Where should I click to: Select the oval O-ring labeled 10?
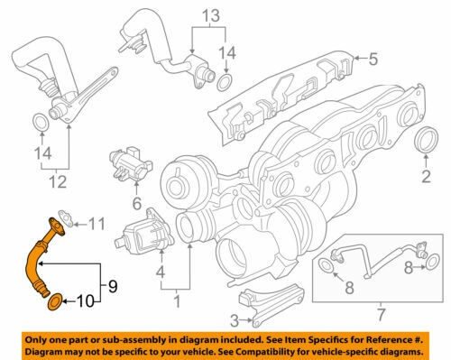(53, 300)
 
